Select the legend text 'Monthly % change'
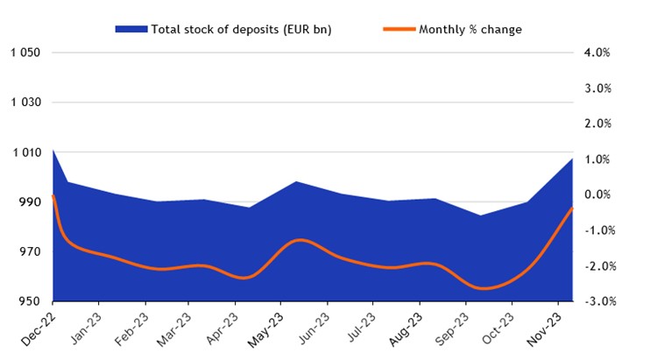470,30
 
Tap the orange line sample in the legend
398,30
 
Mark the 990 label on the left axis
29,202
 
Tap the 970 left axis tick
29,252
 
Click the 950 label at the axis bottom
29,302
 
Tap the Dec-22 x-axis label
40,328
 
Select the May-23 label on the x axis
268,328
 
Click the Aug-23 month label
406,328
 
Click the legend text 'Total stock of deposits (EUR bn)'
241,30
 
